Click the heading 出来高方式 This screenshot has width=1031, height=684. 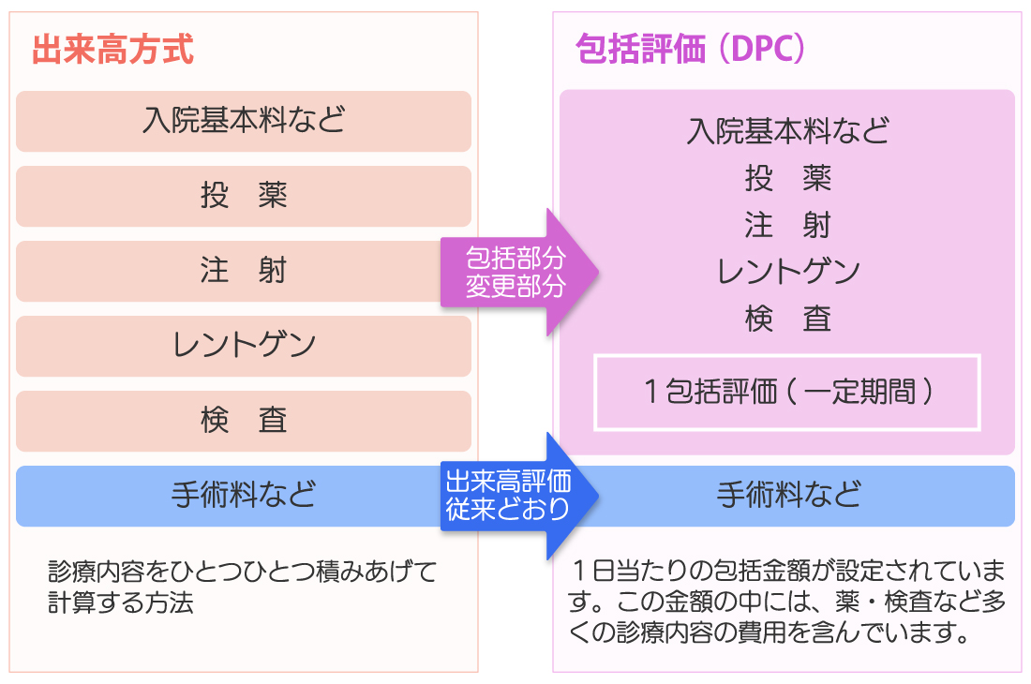pyautogui.click(x=112, y=50)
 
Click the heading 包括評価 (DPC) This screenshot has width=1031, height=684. pyautogui.click(x=690, y=49)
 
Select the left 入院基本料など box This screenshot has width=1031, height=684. pyautogui.click(x=244, y=122)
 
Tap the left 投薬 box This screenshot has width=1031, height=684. pyautogui.click(x=244, y=197)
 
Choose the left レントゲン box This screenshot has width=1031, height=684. pyautogui.click(x=244, y=347)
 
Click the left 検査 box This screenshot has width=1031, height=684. pyautogui.click(x=244, y=422)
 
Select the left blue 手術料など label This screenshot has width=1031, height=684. pyautogui.click(x=244, y=494)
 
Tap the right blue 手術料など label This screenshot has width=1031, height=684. pyautogui.click(x=788, y=494)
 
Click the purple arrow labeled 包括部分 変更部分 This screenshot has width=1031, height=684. pyautogui.click(x=519, y=272)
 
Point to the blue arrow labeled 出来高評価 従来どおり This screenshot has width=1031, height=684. pyautogui.click(x=519, y=496)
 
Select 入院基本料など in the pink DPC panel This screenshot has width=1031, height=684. pyautogui.click(x=787, y=131)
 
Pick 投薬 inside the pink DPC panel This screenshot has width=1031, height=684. pyautogui.click(x=787, y=178)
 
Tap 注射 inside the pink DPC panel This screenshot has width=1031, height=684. pyautogui.click(x=787, y=225)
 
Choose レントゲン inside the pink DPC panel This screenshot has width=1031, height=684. pyautogui.click(x=787, y=272)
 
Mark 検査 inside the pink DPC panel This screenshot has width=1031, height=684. pyautogui.click(x=787, y=319)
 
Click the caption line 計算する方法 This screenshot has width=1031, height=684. pyautogui.click(x=121, y=602)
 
